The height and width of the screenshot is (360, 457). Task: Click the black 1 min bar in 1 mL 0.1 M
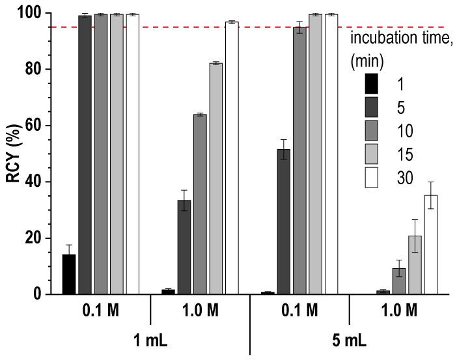[x=69, y=274]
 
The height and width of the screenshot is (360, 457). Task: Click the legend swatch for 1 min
[x=370, y=83]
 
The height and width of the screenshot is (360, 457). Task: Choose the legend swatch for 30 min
[x=370, y=178]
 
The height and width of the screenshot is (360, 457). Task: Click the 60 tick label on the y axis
[x=35, y=126]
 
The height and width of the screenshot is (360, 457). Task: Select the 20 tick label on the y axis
[x=35, y=238]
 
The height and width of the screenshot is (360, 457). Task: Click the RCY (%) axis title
[x=13, y=154]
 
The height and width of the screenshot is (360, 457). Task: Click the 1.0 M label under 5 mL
[x=400, y=311]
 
